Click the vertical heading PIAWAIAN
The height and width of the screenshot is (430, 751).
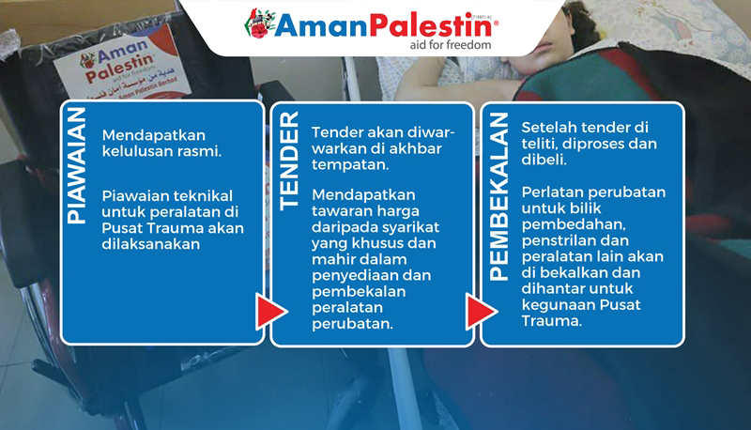tap(77, 165)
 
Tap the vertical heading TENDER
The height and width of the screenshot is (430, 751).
tap(289, 161)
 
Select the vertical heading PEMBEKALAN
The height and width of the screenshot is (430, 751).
tap(498, 197)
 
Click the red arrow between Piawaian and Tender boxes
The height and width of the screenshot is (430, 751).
tap(271, 312)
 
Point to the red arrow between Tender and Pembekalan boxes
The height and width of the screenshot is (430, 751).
tap(482, 313)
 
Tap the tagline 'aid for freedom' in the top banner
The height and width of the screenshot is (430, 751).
tap(451, 45)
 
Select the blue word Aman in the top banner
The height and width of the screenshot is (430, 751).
tap(322, 26)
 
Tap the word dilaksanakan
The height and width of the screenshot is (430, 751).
tap(151, 244)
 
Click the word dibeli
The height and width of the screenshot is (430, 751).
tap(544, 160)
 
